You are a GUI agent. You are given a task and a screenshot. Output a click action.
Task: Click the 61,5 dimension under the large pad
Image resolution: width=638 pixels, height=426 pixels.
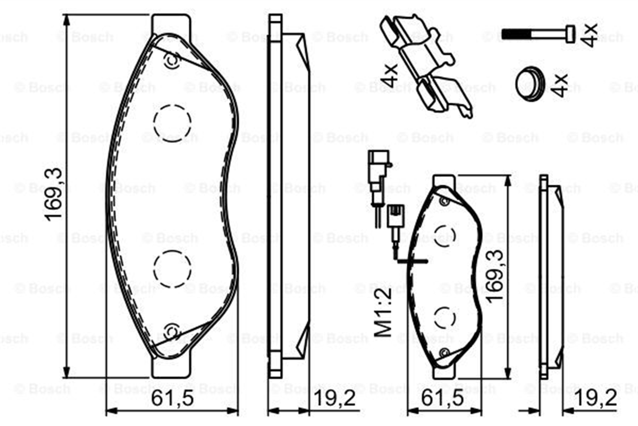[172, 398]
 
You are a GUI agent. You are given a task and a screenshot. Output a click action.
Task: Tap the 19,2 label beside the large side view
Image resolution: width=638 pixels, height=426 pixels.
[334, 398]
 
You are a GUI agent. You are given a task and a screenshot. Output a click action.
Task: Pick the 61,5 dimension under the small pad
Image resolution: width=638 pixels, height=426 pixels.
[442, 398]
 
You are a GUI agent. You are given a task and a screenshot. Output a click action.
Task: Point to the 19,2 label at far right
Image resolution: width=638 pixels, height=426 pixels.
[596, 398]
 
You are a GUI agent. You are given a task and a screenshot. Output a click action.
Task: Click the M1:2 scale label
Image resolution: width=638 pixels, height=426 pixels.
[383, 313]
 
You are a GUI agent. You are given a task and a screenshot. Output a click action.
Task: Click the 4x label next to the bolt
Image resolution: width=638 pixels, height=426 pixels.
[589, 35]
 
